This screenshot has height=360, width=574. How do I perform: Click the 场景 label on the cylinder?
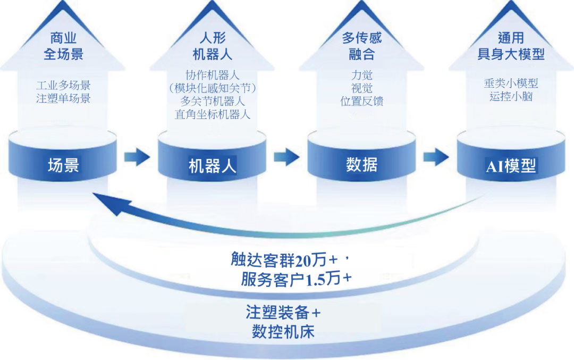tap(63, 165)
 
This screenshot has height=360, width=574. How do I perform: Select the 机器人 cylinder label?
tap(213, 166)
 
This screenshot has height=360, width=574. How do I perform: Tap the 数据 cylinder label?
tap(361, 165)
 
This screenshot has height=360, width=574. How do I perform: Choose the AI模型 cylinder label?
tap(511, 166)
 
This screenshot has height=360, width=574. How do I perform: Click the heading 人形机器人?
tap(212, 46)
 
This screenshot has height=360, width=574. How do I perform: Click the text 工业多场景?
tap(63, 85)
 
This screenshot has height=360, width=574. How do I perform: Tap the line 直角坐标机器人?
tap(212, 114)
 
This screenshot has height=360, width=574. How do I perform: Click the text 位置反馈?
tap(362, 101)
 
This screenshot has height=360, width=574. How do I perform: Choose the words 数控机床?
tap(283, 332)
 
